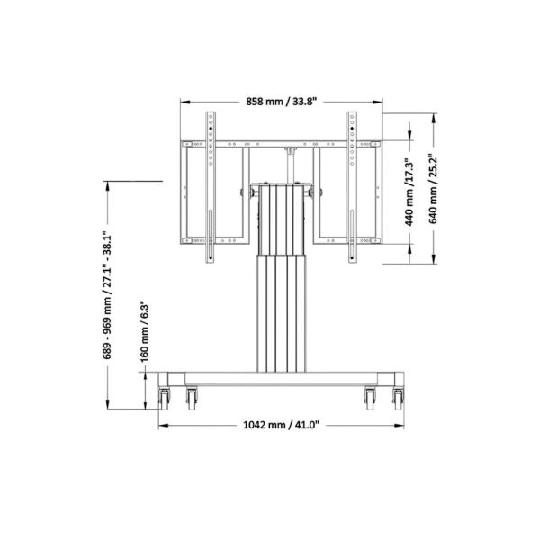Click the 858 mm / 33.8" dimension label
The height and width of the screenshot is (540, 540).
281,101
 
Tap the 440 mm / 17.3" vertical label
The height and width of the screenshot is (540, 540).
408,192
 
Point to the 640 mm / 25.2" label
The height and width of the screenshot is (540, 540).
433,190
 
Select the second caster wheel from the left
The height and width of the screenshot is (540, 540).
192,397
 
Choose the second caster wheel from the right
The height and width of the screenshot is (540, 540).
370,397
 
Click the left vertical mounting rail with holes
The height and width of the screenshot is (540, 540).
211,187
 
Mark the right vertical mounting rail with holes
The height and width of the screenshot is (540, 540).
351,187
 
